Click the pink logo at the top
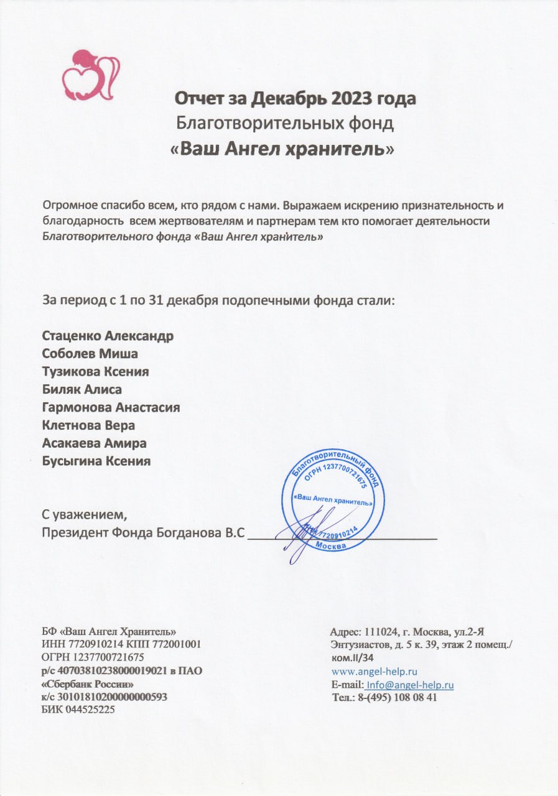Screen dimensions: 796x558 coord(90,73)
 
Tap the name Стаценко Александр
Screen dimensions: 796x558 coord(108,336)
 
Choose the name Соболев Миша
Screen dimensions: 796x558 coord(90,354)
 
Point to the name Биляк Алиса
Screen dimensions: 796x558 coord(81,390)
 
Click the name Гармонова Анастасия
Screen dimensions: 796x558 coord(111,408)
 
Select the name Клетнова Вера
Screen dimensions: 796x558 coord(88,426)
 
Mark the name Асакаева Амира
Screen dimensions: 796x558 coord(94,443)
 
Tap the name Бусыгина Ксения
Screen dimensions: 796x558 coord(96,461)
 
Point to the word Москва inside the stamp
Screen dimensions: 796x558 coord(332,545)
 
